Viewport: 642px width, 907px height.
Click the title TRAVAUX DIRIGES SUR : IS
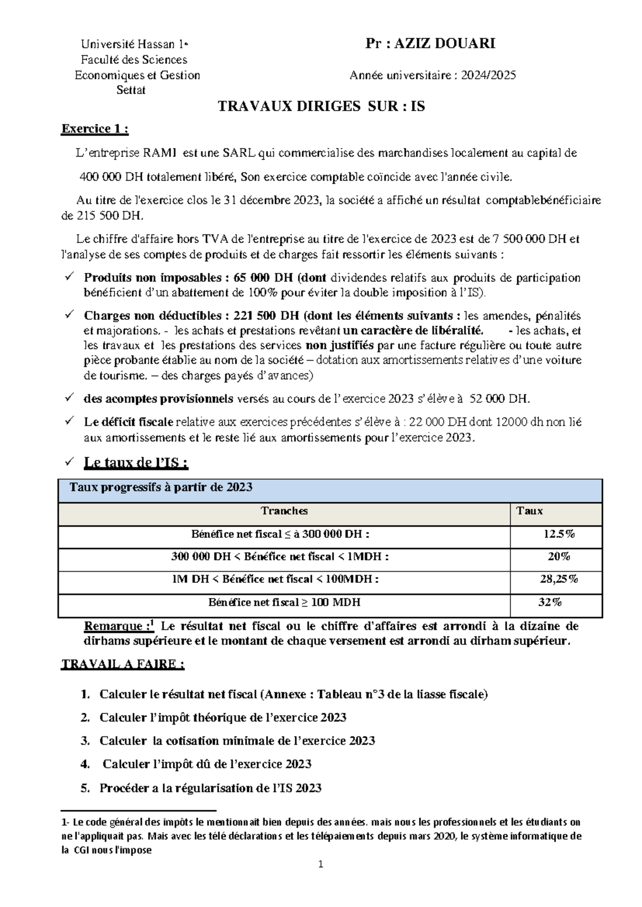(321, 106)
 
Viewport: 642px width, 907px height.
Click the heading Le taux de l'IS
(136, 463)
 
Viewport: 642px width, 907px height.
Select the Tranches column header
(284, 511)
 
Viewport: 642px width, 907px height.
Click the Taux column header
(529, 511)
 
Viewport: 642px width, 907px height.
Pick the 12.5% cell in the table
(559, 534)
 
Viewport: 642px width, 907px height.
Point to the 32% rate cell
(550, 602)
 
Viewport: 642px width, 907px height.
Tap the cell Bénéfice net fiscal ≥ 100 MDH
(284, 602)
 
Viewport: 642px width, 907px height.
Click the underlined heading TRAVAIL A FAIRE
(123, 664)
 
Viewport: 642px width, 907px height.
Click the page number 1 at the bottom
(320, 865)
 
